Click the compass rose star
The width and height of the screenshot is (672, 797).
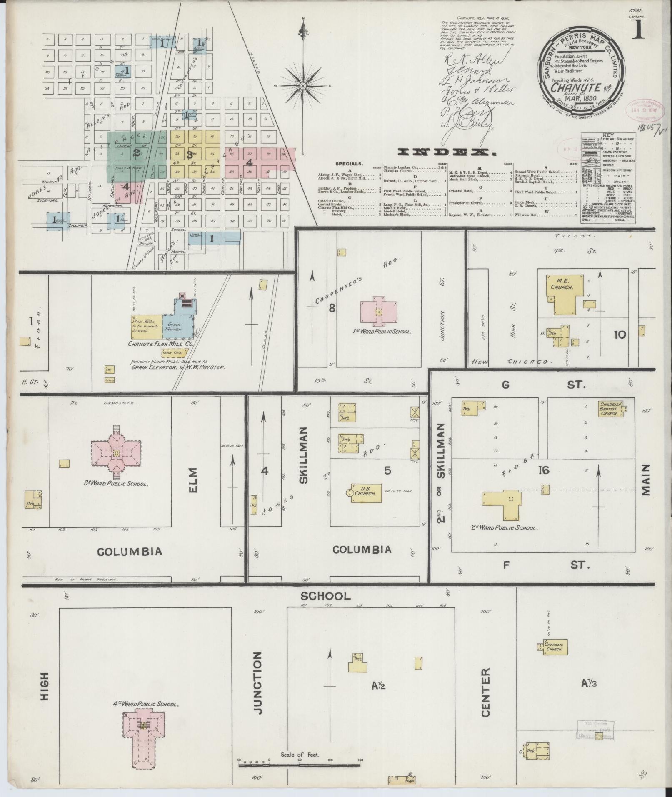303,86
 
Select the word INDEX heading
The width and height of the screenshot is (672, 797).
446,152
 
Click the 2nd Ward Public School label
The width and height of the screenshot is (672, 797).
510,527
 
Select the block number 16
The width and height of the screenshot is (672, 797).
544,470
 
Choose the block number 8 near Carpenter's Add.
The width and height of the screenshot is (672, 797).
332,308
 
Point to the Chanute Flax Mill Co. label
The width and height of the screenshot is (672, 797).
161,344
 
